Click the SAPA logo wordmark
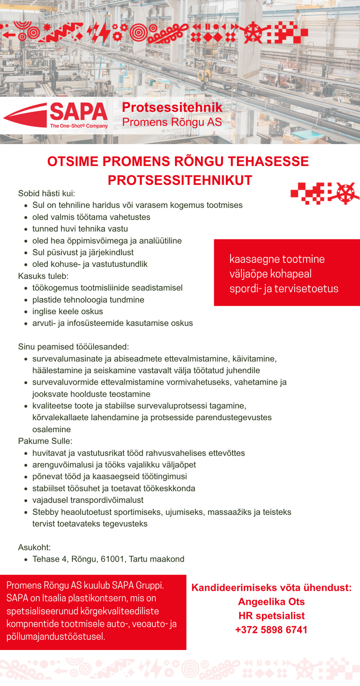click(78, 112)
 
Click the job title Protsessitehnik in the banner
click(172, 107)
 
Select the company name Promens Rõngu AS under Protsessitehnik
click(172, 122)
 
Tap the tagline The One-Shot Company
click(79, 126)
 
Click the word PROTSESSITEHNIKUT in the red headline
click(180, 180)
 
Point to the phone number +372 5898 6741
click(271, 630)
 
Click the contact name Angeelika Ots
click(271, 602)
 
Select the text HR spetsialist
click(271, 616)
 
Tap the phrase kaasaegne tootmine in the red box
click(277, 259)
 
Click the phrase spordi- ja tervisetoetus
click(284, 289)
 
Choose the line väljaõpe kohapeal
click(270, 274)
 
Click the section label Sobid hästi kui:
click(46, 193)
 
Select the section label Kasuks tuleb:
click(43, 276)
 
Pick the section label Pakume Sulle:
click(45, 441)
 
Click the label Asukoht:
click(34, 547)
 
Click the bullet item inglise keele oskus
click(68, 311)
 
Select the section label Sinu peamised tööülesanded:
click(73, 346)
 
